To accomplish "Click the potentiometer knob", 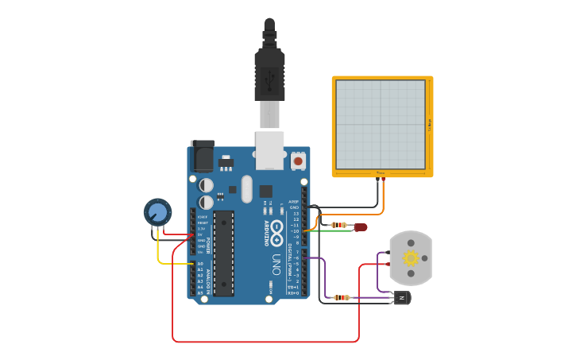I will point(157,212).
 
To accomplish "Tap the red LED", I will point(361,226).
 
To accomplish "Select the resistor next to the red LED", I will point(339,225).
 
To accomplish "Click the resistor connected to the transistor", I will point(341,298).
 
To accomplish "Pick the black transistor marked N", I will point(402,297).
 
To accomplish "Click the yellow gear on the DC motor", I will point(411,257).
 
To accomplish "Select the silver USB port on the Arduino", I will point(269,150).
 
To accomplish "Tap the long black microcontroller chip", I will point(223,253).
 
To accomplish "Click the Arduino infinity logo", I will point(276,231).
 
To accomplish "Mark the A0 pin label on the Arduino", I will point(199,263).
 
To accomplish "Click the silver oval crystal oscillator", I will point(246,189).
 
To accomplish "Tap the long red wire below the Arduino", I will point(262,342).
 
